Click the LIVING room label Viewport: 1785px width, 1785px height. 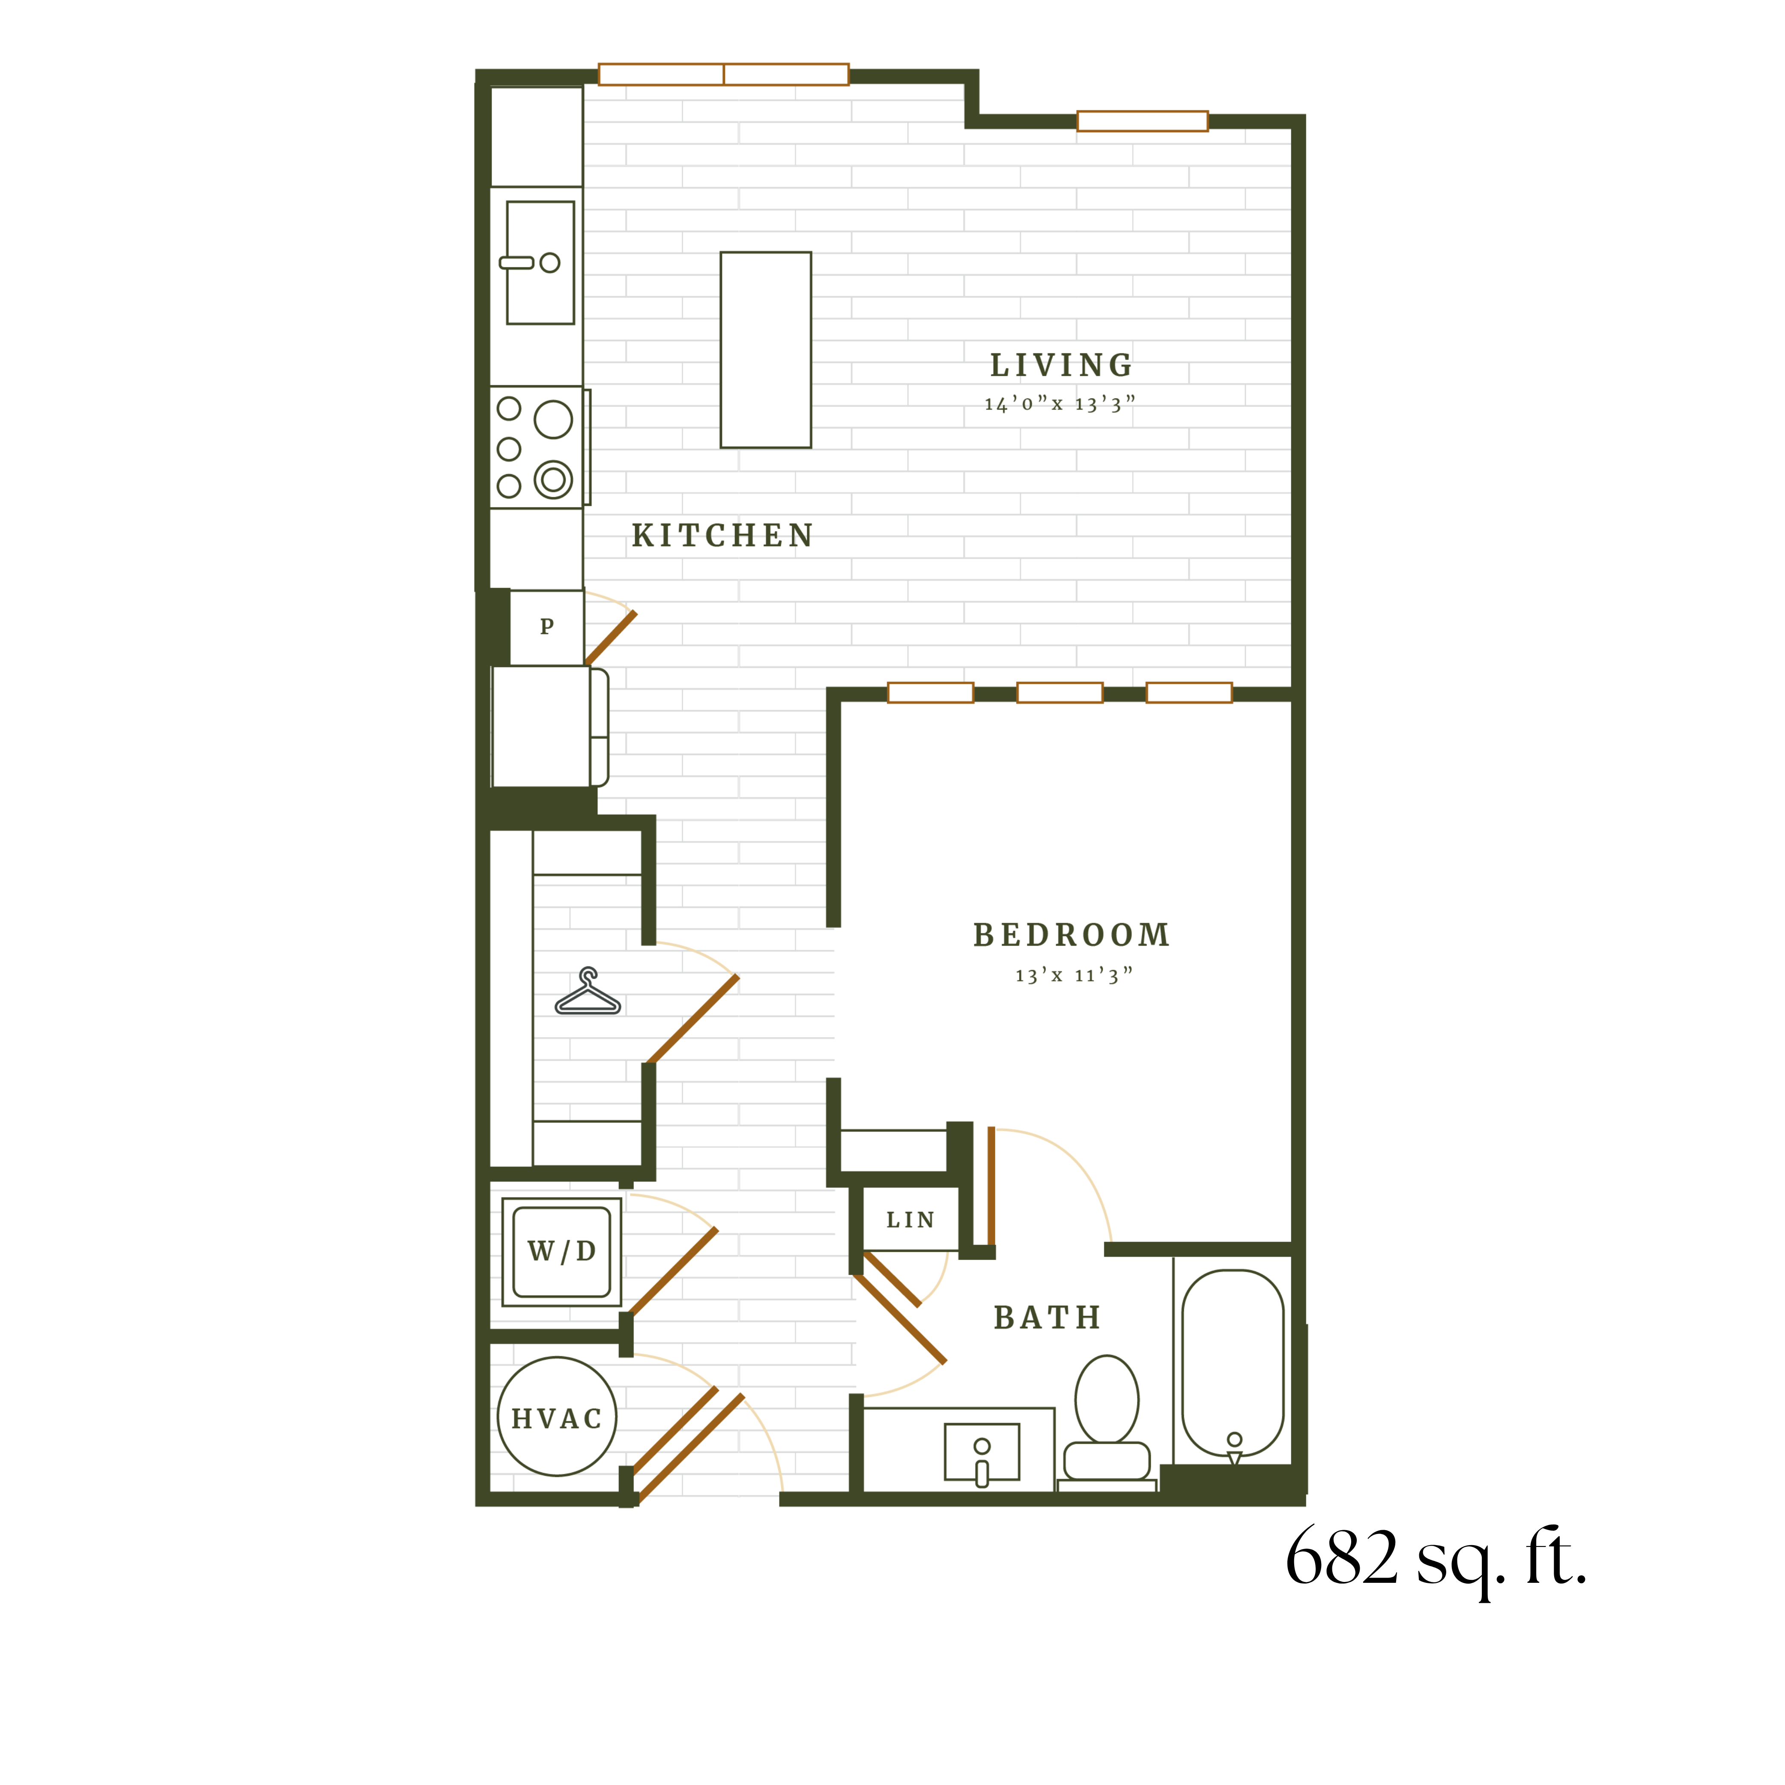pos(1062,366)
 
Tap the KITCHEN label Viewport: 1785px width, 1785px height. pos(722,536)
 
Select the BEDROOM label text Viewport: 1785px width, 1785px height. pos(1072,935)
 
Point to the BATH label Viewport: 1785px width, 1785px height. pos(1048,1318)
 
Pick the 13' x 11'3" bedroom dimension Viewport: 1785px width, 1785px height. pos(1074,975)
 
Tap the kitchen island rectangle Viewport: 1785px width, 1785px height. pos(766,350)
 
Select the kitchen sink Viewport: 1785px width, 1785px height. pos(540,263)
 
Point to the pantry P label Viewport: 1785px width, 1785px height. pos(547,626)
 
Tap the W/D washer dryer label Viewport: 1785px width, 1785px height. pos(562,1251)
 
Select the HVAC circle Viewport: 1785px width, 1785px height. pos(557,1416)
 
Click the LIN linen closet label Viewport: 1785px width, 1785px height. pos(910,1220)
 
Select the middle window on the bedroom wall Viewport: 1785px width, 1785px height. pos(1060,693)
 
